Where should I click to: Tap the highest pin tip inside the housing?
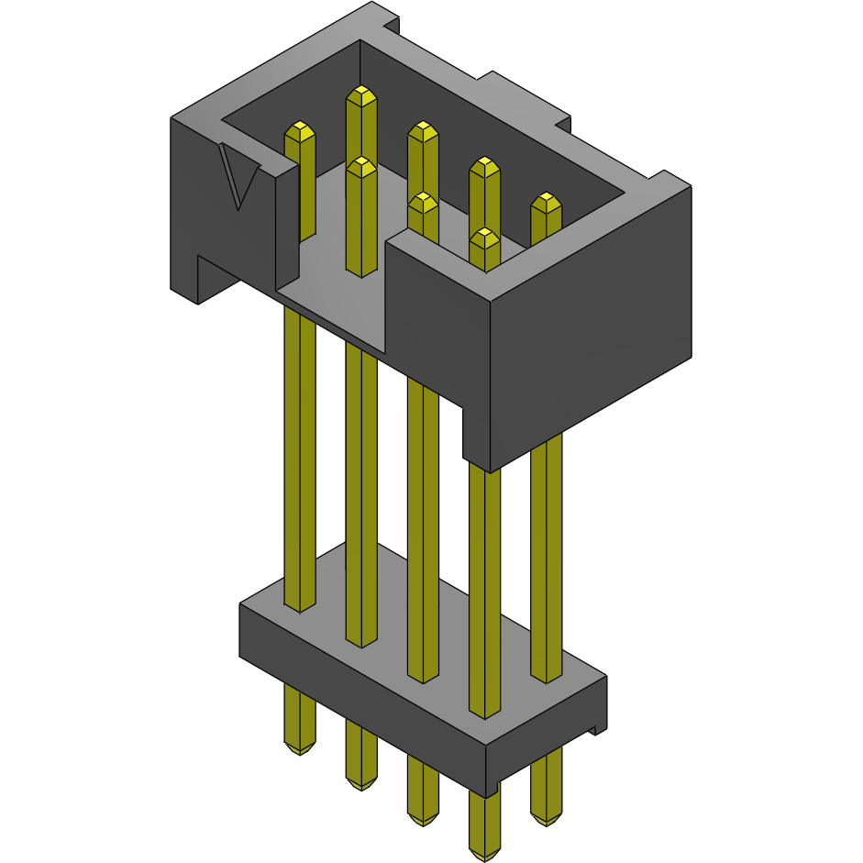[x=361, y=95]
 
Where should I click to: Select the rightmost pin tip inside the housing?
[x=546, y=202]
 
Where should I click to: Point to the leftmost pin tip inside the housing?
[x=300, y=131]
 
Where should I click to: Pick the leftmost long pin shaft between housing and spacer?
[x=299, y=459]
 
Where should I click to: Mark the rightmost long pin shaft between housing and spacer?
[x=546, y=559]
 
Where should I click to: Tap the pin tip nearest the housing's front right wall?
[x=483, y=240]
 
